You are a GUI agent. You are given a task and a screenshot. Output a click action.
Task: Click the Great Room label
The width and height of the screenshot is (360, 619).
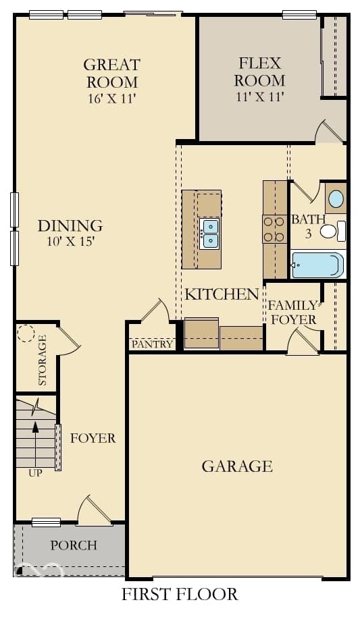tap(112, 73)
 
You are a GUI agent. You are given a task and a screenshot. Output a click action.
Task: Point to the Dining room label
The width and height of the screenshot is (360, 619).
tap(70, 226)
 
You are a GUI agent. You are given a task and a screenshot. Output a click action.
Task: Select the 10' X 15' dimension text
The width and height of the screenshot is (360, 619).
tap(71, 241)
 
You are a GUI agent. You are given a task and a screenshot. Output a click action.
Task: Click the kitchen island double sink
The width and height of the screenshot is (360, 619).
tap(209, 234)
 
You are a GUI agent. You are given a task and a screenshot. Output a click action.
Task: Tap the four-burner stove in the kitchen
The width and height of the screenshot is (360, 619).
tap(275, 229)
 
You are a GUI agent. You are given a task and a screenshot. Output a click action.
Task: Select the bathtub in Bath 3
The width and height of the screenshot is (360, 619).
tap(317, 265)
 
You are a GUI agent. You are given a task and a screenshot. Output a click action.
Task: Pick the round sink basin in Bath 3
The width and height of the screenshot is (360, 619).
tap(336, 199)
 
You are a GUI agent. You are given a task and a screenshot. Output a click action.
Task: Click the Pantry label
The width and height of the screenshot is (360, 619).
tap(152, 344)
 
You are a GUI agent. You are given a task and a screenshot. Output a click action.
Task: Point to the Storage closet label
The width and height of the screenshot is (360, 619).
tap(42, 360)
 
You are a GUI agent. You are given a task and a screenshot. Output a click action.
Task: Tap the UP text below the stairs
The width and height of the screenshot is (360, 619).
tap(35, 473)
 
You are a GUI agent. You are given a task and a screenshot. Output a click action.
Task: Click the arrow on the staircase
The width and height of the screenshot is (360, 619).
tap(36, 445)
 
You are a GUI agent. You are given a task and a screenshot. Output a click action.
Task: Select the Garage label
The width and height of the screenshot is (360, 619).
tap(237, 466)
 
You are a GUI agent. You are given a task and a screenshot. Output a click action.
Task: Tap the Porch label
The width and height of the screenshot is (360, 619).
tap(74, 545)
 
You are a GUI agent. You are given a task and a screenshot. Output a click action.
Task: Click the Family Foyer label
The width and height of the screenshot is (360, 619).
tap(293, 313)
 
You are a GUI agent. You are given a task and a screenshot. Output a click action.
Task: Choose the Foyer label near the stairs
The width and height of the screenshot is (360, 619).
tap(93, 438)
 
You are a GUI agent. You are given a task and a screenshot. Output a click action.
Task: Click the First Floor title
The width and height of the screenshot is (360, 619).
tap(180, 594)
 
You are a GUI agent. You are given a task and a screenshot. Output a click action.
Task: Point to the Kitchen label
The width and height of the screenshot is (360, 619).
tap(222, 294)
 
